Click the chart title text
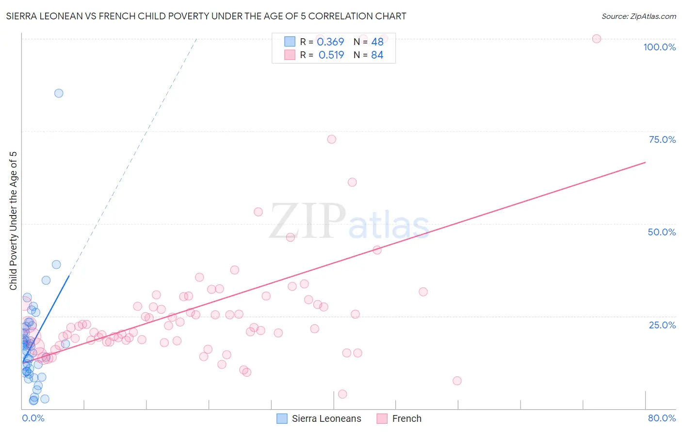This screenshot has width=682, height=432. coord(206,16)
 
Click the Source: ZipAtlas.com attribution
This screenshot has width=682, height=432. coord(638,16)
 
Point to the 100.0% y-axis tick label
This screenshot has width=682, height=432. coord(659,47)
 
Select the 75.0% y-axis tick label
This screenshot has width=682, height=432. coord(662,139)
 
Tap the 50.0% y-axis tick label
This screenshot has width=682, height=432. coord(662,232)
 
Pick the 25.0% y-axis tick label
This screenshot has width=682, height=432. coord(662,325)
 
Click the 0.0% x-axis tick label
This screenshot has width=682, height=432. coord(33,418)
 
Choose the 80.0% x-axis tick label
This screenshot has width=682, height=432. coord(662,418)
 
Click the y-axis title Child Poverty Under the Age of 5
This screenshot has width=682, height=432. coord(13,221)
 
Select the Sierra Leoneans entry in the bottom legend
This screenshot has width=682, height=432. coord(326,418)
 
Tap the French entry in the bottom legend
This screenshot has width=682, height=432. coord(406,418)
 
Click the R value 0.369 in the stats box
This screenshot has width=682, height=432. coord(330,42)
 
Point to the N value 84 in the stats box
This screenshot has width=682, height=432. coord(377,55)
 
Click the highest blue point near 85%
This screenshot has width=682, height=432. coord(59,93)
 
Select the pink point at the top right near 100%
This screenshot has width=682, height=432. coord(597,39)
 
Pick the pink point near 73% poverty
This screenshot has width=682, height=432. coord(332,139)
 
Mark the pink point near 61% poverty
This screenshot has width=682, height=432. coord(352,182)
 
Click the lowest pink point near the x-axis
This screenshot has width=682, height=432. coord(342,394)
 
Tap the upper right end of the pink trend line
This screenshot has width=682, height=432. coord(645,162)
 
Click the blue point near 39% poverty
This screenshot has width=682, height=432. coord(56,264)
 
